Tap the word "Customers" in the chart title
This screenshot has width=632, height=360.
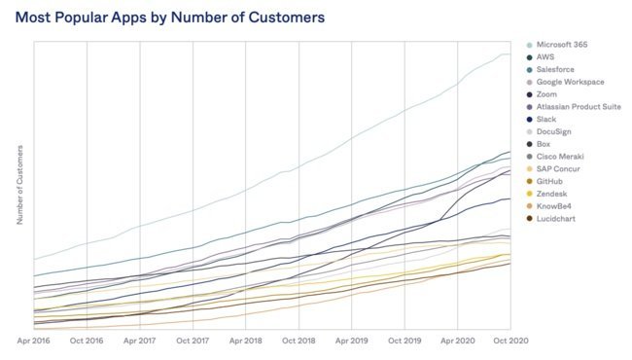287,18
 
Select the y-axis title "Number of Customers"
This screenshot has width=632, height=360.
19,185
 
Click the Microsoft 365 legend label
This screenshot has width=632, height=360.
562,45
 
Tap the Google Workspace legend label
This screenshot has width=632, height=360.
571,83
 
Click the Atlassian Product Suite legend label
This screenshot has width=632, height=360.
579,107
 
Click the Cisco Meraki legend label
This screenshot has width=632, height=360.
560,157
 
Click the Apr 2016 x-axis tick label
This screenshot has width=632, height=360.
33,341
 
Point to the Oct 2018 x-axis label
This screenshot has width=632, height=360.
298,341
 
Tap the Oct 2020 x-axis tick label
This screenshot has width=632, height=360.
510,341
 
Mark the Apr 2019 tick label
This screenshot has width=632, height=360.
351,341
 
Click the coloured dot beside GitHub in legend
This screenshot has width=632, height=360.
529,182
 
